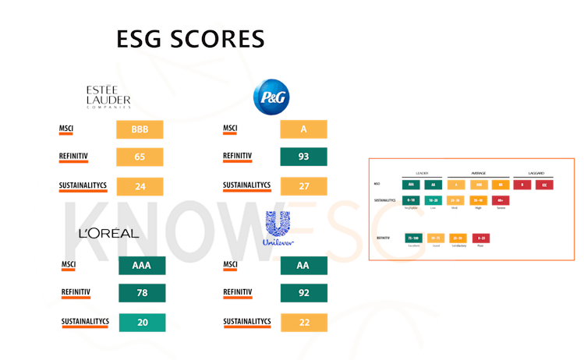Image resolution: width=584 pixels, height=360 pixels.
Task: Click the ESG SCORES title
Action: point(189,38)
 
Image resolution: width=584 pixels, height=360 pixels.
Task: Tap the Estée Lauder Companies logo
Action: point(108,97)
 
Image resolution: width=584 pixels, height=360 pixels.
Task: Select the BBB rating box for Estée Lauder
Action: point(140,129)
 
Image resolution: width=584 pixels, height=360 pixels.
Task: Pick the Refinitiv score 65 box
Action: point(140,157)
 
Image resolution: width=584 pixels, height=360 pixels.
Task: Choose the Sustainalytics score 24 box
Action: point(140,186)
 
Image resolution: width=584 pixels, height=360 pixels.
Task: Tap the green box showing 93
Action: point(303,157)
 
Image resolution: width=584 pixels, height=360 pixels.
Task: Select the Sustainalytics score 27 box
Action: point(303,186)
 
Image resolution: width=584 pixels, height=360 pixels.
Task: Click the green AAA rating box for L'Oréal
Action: point(142,266)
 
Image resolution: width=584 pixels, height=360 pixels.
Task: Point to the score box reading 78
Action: point(142,293)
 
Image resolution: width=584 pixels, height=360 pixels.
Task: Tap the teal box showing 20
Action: point(142,322)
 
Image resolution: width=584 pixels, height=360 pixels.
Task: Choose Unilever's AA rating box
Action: point(303,266)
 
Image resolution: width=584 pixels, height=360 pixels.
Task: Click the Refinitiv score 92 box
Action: point(303,293)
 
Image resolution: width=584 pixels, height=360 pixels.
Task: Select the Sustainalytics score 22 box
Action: point(303,322)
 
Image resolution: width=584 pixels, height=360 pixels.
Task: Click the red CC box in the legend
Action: point(544,185)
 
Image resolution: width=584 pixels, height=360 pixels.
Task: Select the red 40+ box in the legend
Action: point(500,200)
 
